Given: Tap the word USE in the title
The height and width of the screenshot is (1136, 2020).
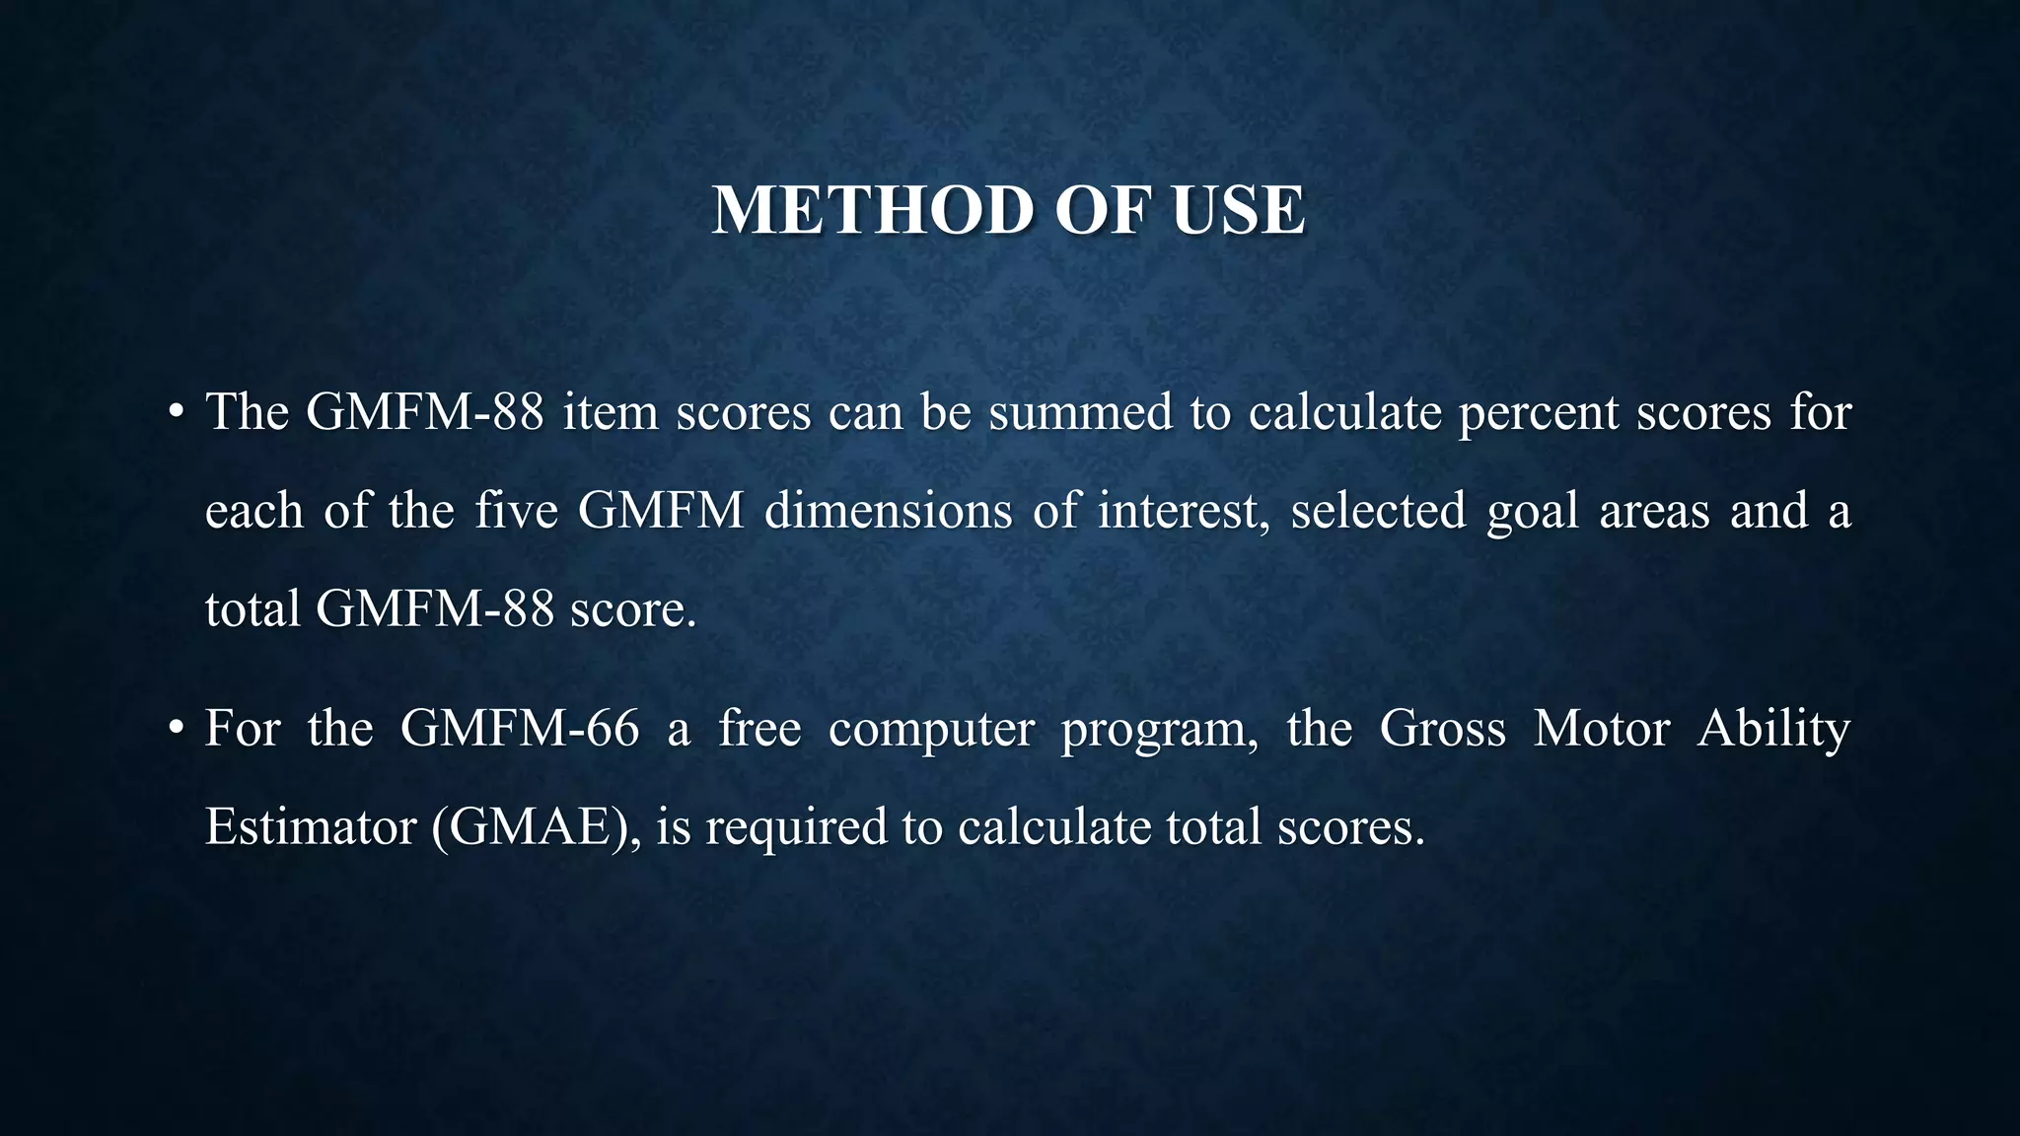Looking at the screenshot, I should (x=1238, y=210).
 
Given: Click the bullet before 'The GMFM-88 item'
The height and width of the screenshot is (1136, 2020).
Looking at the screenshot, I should (x=176, y=412).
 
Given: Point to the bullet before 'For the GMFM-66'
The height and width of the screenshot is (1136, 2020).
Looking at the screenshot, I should (x=176, y=729).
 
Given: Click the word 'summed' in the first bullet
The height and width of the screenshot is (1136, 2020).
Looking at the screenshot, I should (x=1080, y=412).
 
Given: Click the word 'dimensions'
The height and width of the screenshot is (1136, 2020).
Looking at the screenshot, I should (x=888, y=511).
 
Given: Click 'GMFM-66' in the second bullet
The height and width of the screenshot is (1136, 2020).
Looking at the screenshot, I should (x=520, y=729).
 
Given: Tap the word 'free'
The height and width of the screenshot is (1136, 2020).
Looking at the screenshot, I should (x=759, y=729).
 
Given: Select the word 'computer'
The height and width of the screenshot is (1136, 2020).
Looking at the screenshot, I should (x=931, y=731).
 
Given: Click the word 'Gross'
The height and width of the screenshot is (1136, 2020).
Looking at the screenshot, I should (x=1442, y=729).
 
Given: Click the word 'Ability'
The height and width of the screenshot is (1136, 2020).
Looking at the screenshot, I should (x=1773, y=731).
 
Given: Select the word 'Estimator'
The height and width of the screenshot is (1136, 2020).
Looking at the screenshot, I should (x=310, y=826).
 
